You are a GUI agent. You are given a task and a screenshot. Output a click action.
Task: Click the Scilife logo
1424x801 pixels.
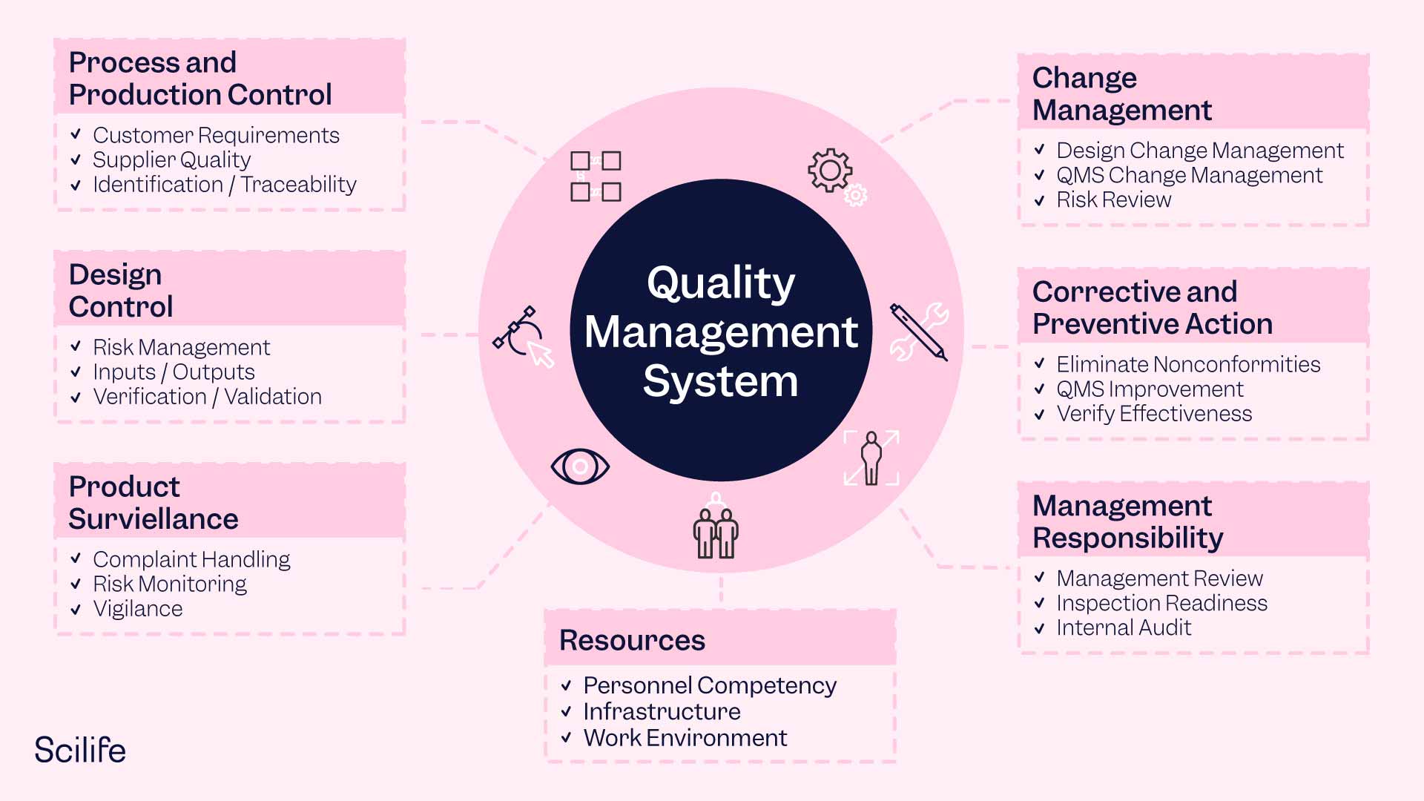click(x=80, y=750)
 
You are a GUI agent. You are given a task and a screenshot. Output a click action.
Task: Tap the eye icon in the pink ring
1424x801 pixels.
click(x=580, y=467)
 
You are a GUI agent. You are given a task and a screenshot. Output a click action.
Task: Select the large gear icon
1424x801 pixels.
click(x=829, y=170)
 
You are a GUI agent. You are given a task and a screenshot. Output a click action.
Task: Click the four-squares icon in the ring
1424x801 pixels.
click(x=596, y=177)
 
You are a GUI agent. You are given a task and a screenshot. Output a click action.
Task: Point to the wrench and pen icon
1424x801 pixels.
click(x=920, y=332)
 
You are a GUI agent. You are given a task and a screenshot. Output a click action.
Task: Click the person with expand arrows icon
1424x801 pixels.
click(x=871, y=458)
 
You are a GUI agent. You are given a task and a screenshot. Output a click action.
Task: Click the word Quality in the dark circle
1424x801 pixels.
click(x=721, y=283)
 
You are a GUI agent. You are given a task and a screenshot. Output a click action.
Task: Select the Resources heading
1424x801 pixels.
click(x=632, y=640)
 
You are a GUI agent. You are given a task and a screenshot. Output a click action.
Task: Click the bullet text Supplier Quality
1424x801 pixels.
click(x=171, y=159)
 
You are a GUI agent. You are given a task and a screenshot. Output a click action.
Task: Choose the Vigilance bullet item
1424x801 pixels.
click(x=138, y=609)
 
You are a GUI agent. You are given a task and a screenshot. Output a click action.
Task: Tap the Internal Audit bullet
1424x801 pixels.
click(x=1124, y=627)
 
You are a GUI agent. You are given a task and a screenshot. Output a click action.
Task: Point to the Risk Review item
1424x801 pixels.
click(x=1113, y=200)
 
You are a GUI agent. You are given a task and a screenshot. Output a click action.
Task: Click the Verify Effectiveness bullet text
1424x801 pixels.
click(x=1154, y=413)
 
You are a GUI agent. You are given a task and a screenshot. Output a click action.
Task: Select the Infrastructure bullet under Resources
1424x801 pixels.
click(x=662, y=711)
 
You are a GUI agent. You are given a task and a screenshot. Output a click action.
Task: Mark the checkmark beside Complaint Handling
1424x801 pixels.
click(x=76, y=558)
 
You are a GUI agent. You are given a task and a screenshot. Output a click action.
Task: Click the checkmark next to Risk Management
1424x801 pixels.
click(x=76, y=346)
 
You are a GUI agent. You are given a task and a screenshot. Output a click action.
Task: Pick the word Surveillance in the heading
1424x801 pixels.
click(x=154, y=519)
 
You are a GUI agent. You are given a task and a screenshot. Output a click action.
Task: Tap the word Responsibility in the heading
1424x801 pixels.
click(x=1127, y=538)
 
